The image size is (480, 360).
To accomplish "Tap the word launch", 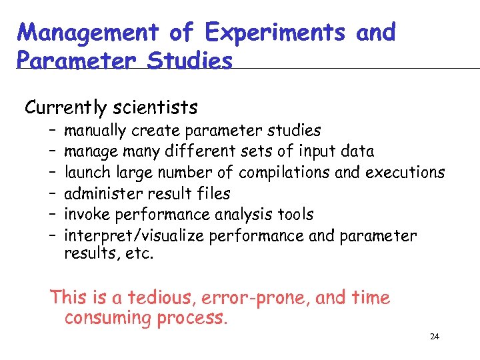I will (87, 173).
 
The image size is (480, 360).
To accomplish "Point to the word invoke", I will (87, 215).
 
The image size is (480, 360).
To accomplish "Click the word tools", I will (297, 215).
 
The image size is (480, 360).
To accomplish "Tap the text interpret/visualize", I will (134, 236).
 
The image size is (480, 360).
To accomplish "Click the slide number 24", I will (435, 337).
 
